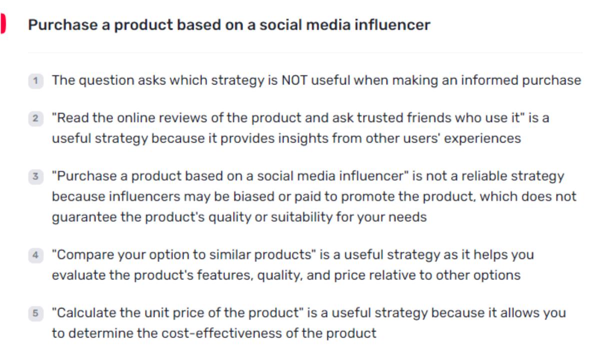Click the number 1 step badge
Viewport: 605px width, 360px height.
35,80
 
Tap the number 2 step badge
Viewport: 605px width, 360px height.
35,119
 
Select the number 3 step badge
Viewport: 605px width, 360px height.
35,176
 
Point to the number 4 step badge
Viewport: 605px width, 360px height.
35,255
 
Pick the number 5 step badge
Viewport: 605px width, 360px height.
35,313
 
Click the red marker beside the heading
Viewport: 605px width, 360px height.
2,24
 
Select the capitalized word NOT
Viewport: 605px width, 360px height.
294,80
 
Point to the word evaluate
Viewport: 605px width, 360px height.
78,275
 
